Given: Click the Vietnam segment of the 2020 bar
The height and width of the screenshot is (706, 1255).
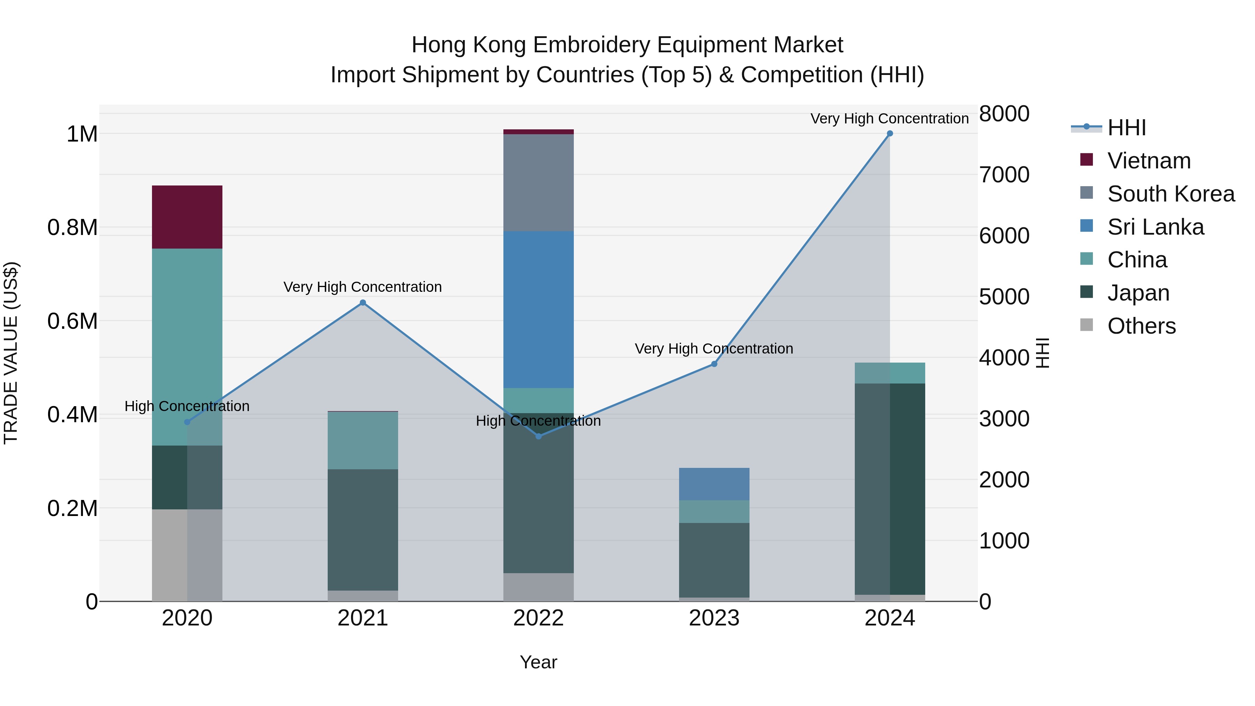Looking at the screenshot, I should pyautogui.click(x=187, y=217).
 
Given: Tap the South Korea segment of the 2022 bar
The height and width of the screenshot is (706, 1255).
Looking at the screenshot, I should pyautogui.click(x=538, y=182).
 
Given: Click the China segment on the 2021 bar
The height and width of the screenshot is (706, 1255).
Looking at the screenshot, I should pyautogui.click(x=363, y=440).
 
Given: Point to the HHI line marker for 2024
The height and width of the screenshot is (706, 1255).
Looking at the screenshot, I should pyautogui.click(x=890, y=134).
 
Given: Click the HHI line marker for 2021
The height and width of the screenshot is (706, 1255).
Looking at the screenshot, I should pyautogui.click(x=363, y=303).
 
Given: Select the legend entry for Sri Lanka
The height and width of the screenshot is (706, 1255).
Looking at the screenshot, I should pyautogui.click(x=1155, y=227).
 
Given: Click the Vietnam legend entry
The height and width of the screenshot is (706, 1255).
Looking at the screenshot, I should pyautogui.click(x=1149, y=161).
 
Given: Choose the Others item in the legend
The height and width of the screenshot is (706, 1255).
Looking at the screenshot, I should pyautogui.click(x=1141, y=326).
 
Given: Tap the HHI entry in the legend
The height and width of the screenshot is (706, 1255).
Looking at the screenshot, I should pyautogui.click(x=1126, y=128).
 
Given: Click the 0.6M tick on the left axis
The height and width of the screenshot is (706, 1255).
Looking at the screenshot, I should pyautogui.click(x=72, y=321).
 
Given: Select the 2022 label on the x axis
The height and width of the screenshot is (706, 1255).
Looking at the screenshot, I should pyautogui.click(x=538, y=618).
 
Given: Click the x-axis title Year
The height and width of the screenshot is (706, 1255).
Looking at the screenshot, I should pyautogui.click(x=538, y=662).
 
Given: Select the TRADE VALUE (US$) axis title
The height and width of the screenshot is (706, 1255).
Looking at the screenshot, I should pyautogui.click(x=11, y=353).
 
